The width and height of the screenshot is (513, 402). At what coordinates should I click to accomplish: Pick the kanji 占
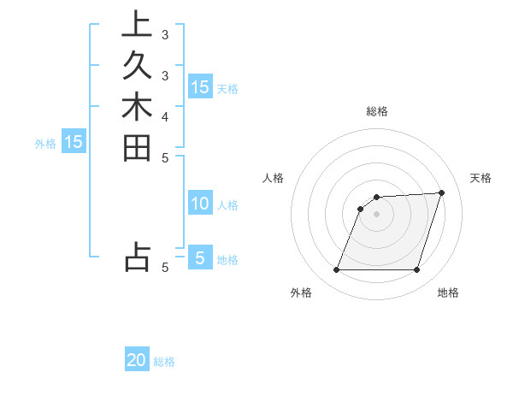(136, 257)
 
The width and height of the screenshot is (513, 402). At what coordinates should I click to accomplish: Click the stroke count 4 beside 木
(164, 115)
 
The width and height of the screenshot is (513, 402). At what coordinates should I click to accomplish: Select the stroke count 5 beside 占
(164, 267)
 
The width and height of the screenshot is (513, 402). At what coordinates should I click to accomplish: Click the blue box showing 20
(137, 360)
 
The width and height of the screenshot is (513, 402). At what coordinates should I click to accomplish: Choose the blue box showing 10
(199, 204)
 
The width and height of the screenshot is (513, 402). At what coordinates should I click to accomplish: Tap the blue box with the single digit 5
(199, 257)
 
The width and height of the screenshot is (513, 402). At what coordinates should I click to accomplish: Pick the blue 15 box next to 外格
(73, 142)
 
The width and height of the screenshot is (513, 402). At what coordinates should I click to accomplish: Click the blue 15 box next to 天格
(199, 87)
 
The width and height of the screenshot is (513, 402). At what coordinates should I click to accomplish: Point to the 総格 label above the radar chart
(376, 111)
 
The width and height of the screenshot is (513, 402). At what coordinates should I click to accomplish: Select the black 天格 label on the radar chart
(481, 178)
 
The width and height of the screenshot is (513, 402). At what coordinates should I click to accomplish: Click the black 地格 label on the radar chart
(448, 293)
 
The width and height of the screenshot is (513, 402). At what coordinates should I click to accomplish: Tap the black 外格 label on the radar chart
(301, 293)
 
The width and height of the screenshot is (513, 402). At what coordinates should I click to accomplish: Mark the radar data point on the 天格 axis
(441, 193)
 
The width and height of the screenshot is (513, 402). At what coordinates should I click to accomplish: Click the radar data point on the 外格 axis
(337, 270)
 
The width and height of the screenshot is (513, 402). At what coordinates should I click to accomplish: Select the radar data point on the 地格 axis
(416, 270)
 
